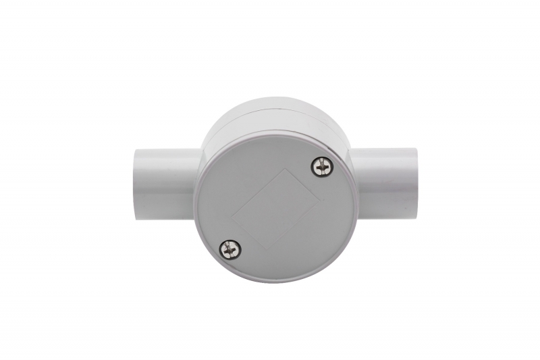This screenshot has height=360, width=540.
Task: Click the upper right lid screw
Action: click(322, 166)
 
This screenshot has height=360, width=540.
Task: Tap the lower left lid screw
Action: click(231, 249)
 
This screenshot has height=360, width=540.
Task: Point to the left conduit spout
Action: click(165, 184)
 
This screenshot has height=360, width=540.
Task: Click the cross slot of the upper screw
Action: click(322, 166)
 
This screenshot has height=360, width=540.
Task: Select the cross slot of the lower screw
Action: click(231, 249)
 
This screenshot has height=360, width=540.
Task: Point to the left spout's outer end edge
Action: click(134, 184)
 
